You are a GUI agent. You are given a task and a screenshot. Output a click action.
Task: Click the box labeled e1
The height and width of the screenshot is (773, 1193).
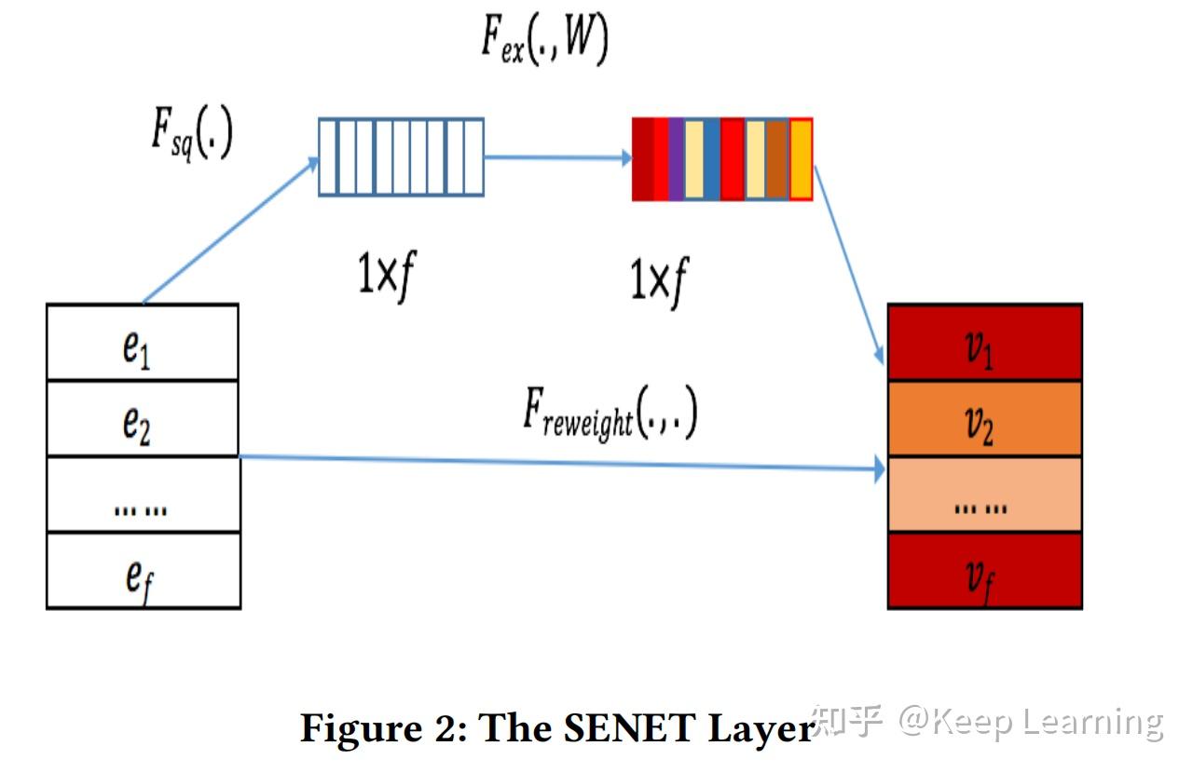(142, 343)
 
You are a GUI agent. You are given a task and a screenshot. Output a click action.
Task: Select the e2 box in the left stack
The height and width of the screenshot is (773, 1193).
(142, 419)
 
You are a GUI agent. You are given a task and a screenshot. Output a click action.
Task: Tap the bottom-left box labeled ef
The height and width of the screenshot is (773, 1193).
(142, 572)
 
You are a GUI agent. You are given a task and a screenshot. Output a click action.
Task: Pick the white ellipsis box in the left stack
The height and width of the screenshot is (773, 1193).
(142, 495)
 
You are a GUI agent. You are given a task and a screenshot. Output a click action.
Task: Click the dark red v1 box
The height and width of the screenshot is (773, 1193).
(984, 343)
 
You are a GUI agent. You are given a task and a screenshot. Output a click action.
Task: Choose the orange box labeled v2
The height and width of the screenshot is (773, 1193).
(984, 419)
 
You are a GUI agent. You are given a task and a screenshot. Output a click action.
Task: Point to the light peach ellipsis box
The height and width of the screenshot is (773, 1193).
(984, 495)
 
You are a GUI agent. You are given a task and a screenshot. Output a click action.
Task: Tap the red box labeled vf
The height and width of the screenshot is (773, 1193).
(984, 572)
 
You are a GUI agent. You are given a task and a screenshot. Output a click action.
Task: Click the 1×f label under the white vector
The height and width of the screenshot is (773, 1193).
(385, 275)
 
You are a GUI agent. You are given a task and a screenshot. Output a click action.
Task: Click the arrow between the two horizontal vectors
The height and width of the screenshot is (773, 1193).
(557, 157)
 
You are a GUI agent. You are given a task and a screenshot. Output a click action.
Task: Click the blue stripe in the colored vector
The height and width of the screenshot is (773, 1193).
(712, 158)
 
